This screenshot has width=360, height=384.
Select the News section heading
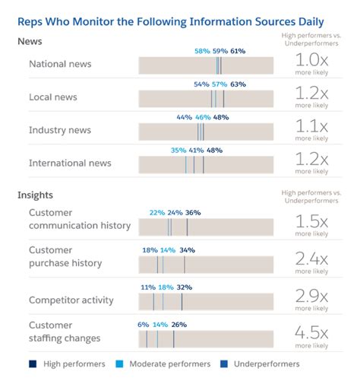[30, 41]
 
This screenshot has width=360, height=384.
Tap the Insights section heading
[35, 195]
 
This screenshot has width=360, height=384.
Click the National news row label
[62, 65]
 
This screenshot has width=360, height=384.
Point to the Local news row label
[52, 97]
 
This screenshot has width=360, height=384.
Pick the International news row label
[70, 163]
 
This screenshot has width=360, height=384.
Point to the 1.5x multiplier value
[311, 222]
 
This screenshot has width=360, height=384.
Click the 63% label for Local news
[238, 84]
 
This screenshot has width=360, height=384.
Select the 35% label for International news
[178, 151]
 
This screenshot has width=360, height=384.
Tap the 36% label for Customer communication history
[193, 213]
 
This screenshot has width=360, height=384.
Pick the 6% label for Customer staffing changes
[144, 325]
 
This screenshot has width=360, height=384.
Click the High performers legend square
[33, 364]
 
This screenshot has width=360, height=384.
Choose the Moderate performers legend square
[121, 364]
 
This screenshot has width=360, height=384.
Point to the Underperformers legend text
[267, 364]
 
